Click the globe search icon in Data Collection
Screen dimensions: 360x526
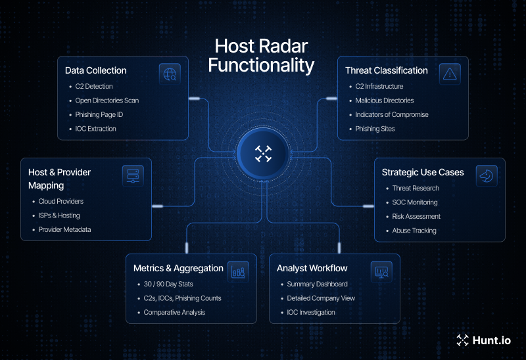170,74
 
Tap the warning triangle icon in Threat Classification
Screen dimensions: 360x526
450,74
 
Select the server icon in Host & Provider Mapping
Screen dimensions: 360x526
133,176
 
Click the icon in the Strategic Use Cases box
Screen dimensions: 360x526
487,176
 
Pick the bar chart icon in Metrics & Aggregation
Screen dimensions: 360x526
238,271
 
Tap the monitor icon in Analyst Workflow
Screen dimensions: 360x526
381,271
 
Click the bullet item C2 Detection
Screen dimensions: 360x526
94,87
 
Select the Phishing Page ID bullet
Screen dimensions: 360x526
99,115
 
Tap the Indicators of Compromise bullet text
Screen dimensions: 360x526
392,115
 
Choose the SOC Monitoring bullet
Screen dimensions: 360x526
415,202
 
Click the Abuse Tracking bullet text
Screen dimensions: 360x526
414,231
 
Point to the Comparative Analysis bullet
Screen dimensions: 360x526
174,313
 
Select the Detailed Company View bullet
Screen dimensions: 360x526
321,298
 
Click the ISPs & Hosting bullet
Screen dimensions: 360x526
64,215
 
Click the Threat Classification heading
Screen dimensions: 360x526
387,70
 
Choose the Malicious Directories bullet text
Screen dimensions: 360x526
385,101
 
